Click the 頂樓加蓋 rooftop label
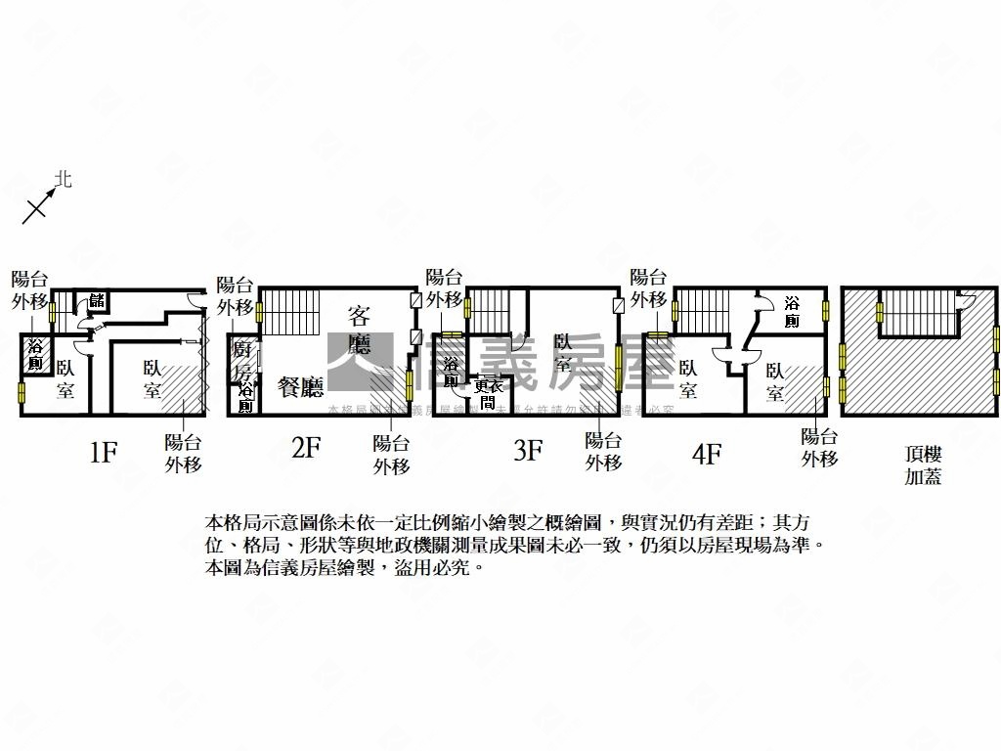coord(923,464)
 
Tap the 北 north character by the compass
coord(64,179)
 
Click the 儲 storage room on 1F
coord(97,300)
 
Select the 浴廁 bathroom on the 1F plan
coord(35,355)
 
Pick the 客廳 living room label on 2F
coord(359,329)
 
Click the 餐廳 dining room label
coord(300,387)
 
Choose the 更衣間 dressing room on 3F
coord(486,393)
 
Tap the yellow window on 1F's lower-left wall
coord(22,393)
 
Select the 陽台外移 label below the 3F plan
coord(603,451)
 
